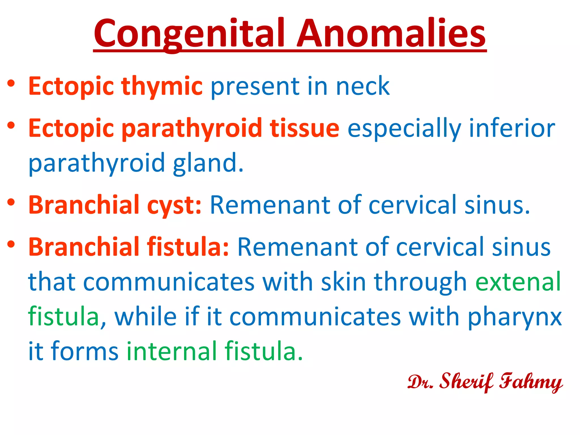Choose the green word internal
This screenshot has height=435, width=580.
[171, 351]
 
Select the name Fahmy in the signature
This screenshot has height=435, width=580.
[530, 381]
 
